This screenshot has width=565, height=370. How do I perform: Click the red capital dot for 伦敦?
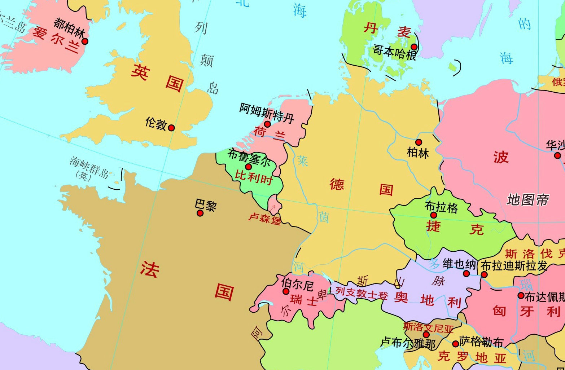coord(171,128)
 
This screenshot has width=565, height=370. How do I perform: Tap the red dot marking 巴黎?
coord(200,213)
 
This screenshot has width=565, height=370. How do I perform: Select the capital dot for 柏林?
coord(419,142)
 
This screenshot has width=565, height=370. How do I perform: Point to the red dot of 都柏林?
coord(85,41)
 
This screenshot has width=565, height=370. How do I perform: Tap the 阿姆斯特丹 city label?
coord(267,113)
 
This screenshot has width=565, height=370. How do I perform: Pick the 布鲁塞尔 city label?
coord(249,157)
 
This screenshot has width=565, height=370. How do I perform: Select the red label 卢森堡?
coord(264,219)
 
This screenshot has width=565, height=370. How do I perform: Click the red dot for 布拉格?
coord(434,215)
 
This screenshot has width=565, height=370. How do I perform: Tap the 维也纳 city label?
coord(459,264)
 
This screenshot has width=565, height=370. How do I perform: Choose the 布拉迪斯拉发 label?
coord(514,266)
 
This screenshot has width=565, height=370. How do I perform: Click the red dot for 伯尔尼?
coord(286,291)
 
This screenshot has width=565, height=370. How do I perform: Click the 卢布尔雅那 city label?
coord(408,343)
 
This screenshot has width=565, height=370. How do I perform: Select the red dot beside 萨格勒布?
coord(455,344)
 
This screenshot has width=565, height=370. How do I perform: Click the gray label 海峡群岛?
coord(89,168)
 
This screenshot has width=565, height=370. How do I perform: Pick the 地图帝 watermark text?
coord(527,199)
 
